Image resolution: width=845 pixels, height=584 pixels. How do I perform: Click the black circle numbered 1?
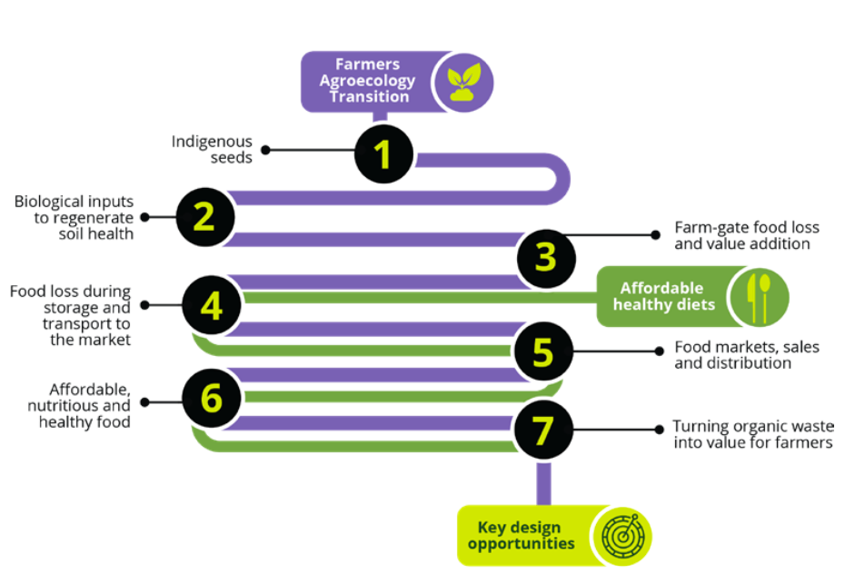(x=384, y=153)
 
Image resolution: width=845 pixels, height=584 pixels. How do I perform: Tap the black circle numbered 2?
(x=204, y=217)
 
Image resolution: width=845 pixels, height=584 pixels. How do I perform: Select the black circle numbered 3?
(x=545, y=258)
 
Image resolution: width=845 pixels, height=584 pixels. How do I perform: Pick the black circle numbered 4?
(x=212, y=305)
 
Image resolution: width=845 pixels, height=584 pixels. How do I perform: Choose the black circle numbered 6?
(x=212, y=398)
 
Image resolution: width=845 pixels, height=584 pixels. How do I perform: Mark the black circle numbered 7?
(x=543, y=431)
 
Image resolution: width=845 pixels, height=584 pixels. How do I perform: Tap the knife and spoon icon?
(x=758, y=296)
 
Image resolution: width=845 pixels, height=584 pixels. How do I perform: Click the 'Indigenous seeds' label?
(x=212, y=149)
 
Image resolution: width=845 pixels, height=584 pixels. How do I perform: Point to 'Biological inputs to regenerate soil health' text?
(x=74, y=217)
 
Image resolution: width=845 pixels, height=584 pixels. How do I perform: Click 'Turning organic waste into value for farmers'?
(x=752, y=434)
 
